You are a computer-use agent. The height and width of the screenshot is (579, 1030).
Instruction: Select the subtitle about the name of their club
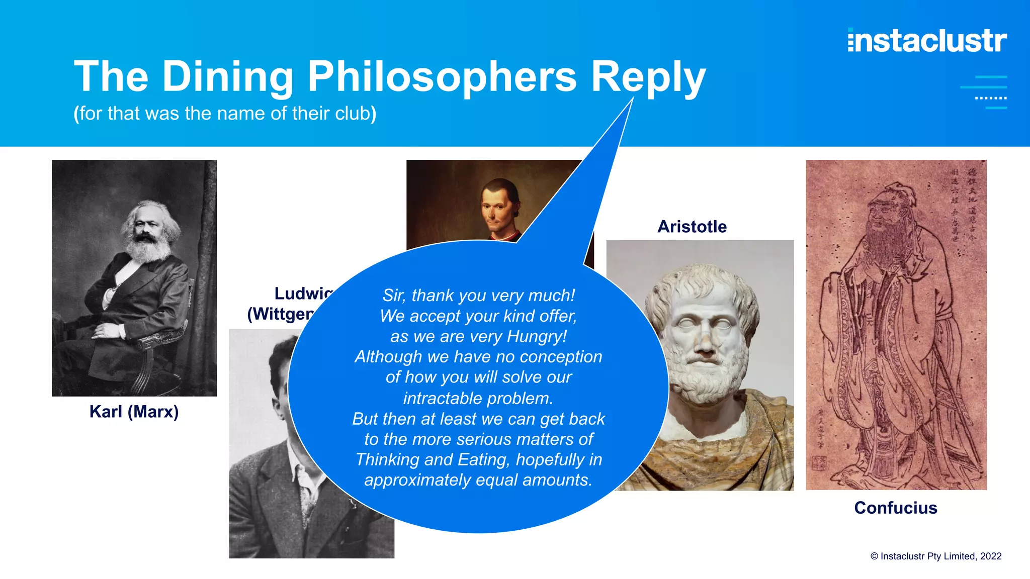tap(225, 114)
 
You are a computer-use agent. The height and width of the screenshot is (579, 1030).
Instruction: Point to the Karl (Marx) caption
tap(134, 412)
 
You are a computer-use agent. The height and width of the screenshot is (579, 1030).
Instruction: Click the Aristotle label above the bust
tap(692, 227)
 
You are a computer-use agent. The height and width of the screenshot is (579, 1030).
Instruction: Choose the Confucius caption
tap(895, 508)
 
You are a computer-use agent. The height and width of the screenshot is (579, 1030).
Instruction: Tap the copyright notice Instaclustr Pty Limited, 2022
tap(936, 556)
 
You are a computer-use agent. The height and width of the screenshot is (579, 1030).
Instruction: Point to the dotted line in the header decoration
tap(990, 98)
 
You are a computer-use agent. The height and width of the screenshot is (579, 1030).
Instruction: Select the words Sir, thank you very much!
tap(478, 296)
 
